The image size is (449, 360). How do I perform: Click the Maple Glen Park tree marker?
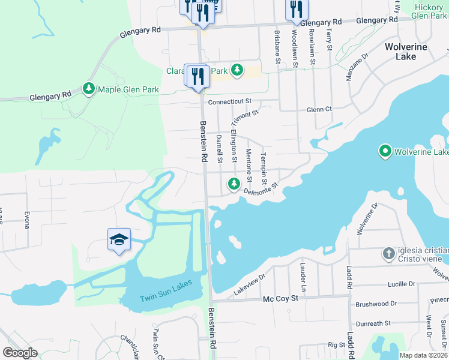tap(89, 89)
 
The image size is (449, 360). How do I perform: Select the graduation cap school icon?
tap(119, 239)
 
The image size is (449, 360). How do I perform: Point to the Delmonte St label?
tap(262, 190)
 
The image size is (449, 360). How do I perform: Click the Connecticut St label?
tap(229, 102)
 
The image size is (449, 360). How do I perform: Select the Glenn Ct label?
tap(319, 109)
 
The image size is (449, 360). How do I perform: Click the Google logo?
tap(20, 352)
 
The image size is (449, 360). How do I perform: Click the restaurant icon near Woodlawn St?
tap(296, 9)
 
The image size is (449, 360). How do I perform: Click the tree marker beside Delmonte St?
tap(232, 184)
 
